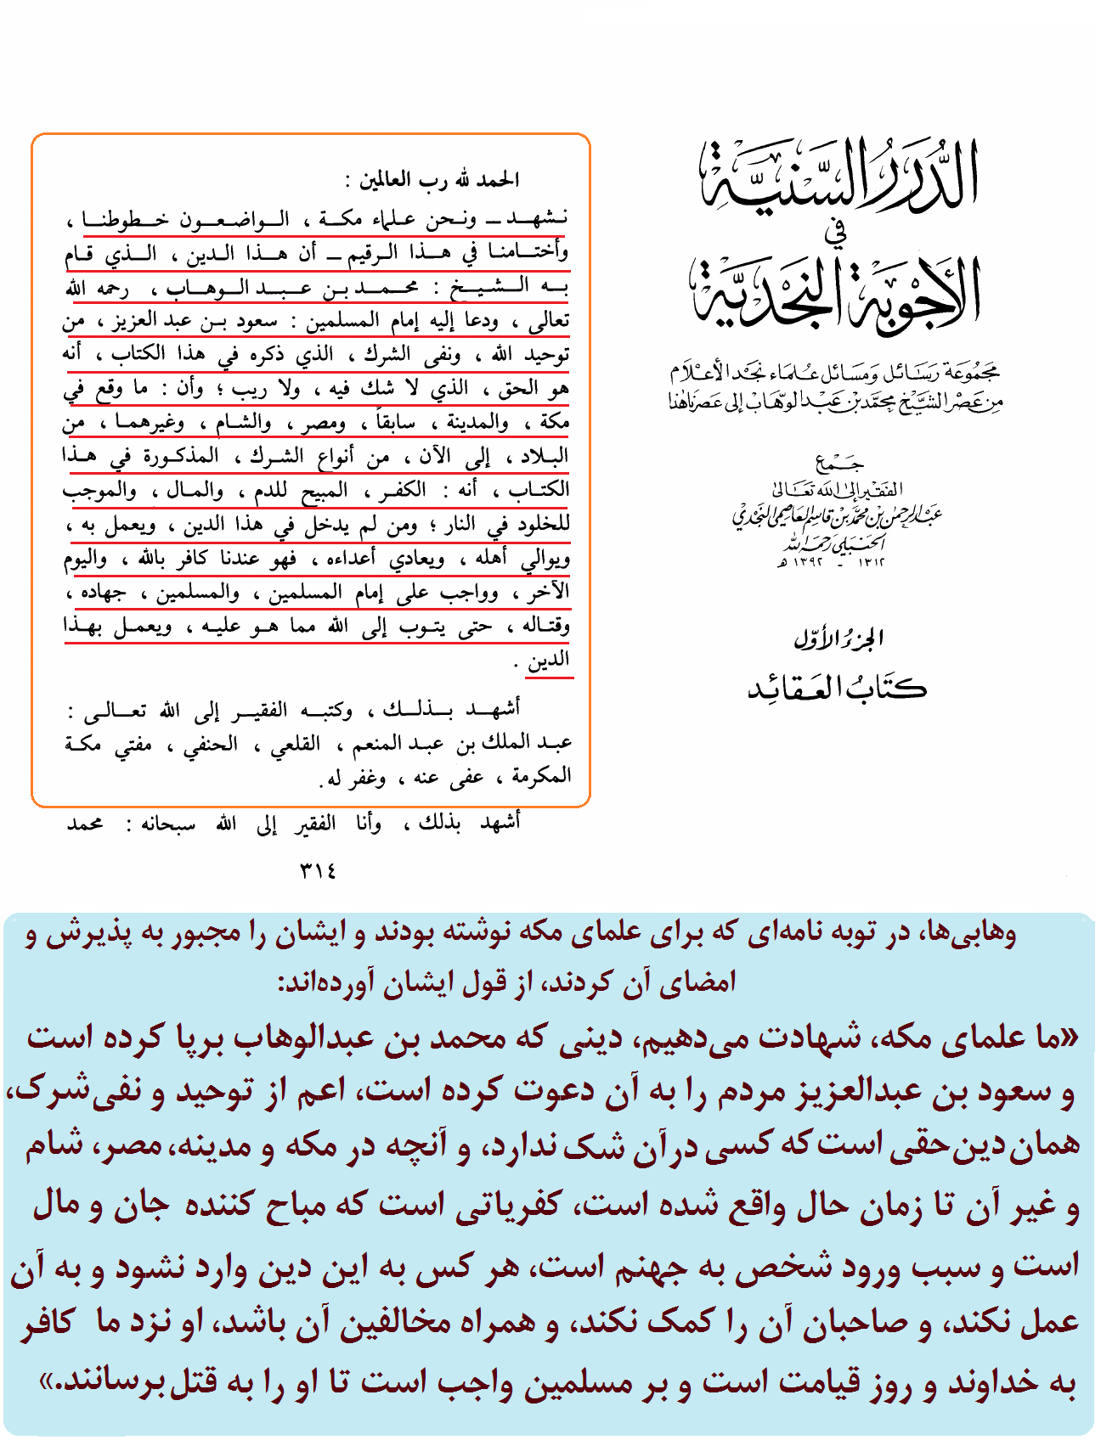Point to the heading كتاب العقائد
837,687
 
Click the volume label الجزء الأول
838,638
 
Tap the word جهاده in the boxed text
104,593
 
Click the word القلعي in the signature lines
295,745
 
